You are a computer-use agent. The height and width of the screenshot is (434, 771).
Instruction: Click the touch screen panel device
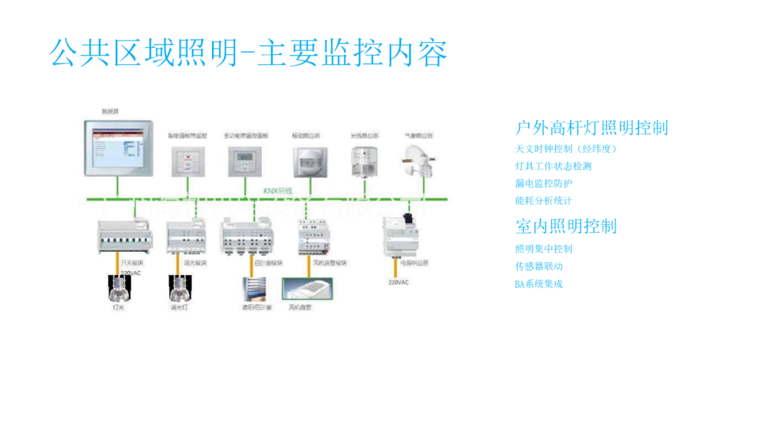click(118, 148)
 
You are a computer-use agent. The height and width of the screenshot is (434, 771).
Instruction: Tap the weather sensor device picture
click(418, 159)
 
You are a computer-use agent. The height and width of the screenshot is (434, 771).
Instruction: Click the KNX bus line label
click(278, 191)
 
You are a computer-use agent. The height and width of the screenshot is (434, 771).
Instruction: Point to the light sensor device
click(363, 160)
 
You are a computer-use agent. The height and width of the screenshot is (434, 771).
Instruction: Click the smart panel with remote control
click(187, 161)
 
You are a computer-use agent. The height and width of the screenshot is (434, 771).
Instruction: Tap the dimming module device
click(186, 238)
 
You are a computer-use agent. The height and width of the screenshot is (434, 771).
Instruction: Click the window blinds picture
click(257, 290)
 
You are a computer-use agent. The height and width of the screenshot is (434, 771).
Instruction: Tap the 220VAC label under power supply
click(398, 283)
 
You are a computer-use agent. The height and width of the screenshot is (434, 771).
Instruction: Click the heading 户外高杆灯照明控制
click(592, 128)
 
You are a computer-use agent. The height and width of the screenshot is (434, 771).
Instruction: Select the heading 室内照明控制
click(566, 226)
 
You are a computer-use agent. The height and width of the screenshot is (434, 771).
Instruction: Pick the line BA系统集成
click(539, 283)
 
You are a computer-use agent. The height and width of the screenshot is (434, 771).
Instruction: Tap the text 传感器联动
click(539, 266)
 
